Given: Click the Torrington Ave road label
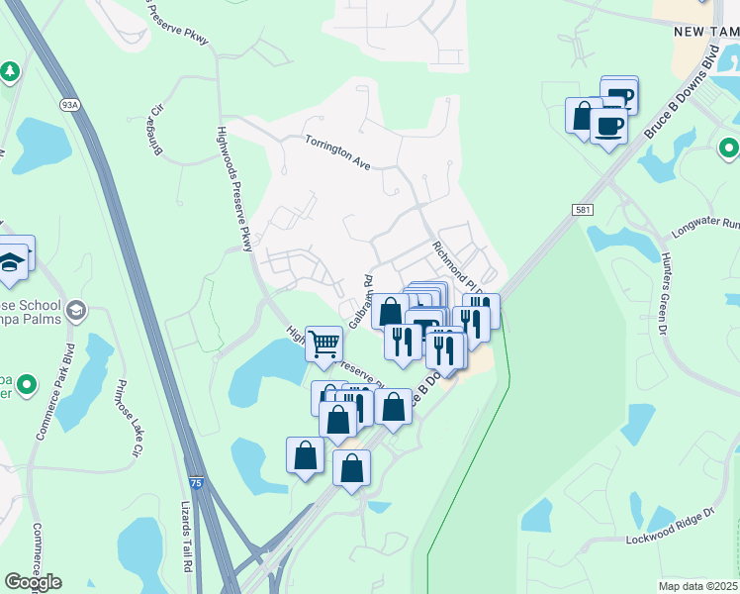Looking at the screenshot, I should coord(337,153).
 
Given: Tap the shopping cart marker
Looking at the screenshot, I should coord(324,345).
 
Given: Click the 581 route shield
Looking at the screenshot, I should coord(583,209).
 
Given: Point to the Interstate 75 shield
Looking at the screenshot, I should coord(196,482).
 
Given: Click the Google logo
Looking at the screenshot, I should coord(33,582).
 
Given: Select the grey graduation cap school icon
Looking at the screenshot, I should coord(75,312).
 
